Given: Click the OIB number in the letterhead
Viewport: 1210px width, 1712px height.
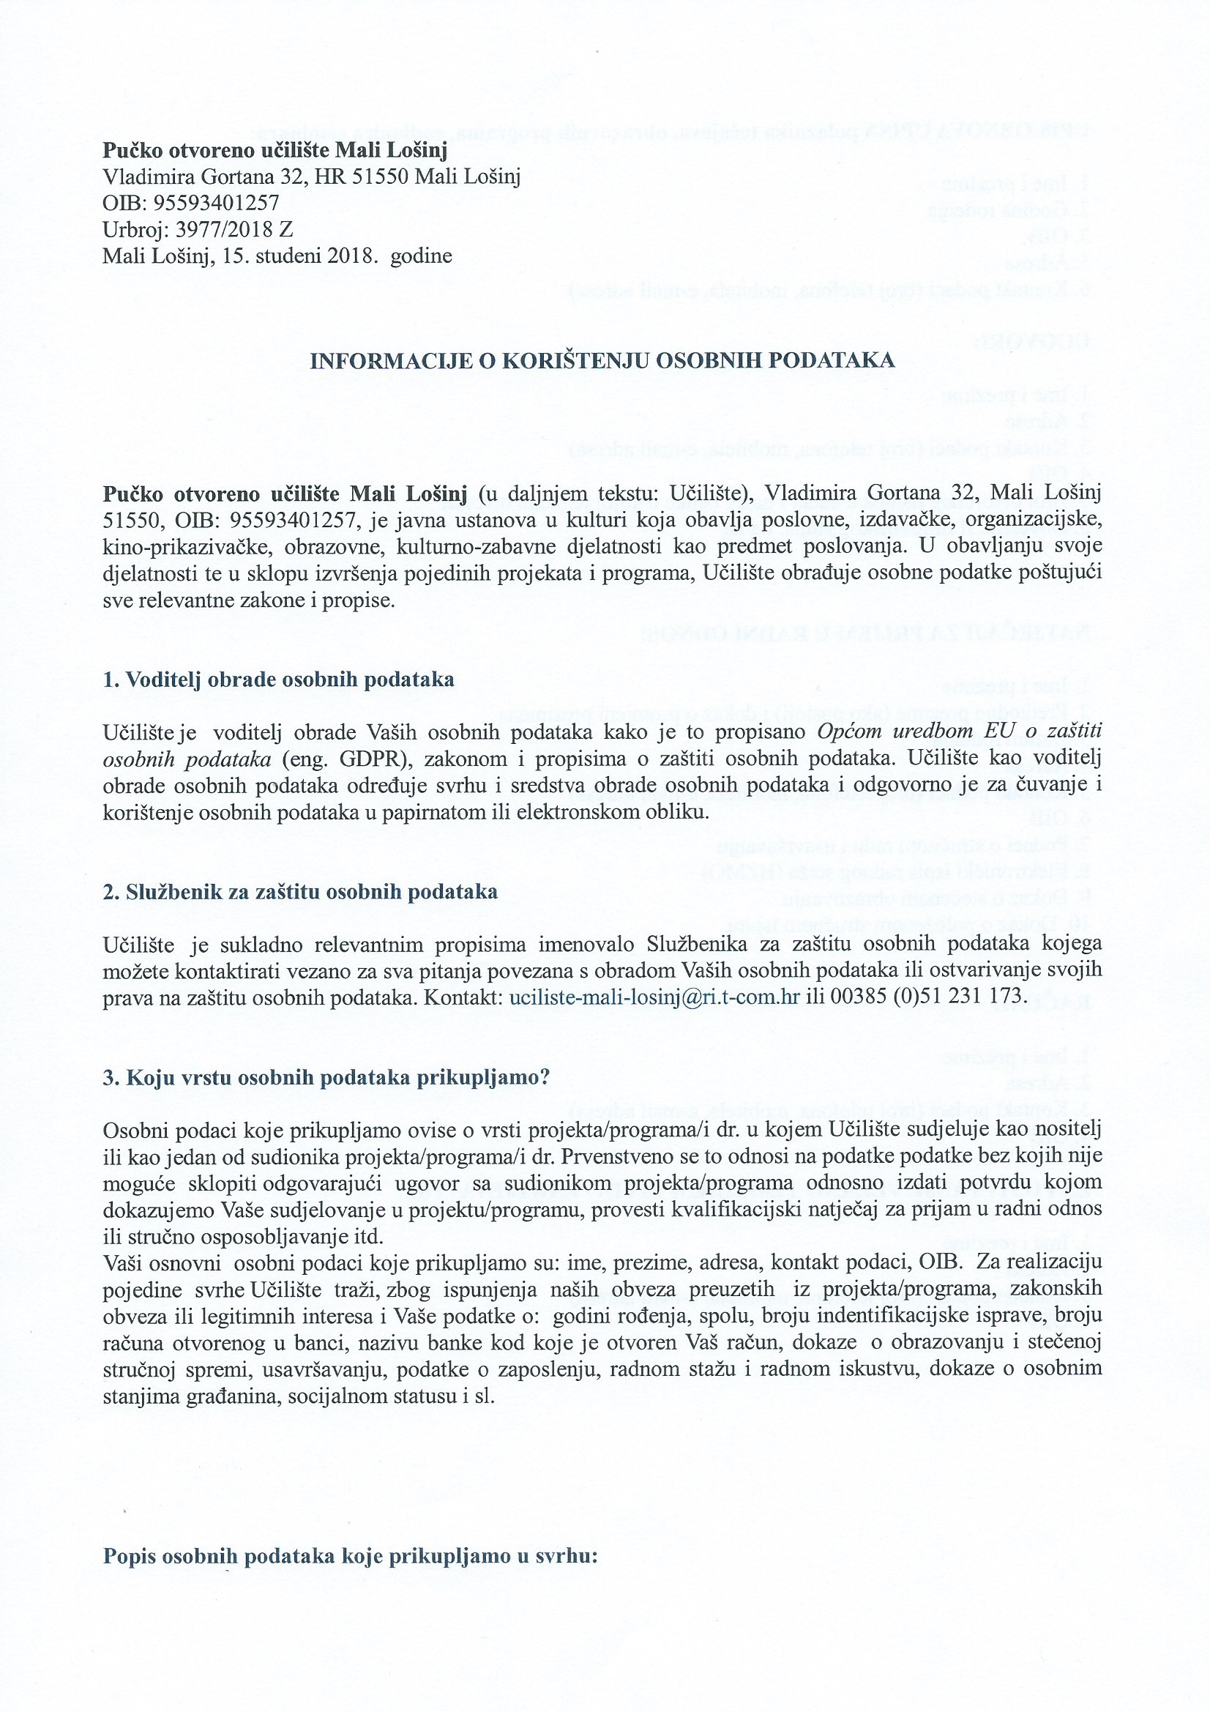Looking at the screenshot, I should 215,203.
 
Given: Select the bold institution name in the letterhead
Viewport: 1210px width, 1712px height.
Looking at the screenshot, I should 275,151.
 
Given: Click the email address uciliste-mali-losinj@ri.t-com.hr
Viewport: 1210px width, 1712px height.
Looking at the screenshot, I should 654,997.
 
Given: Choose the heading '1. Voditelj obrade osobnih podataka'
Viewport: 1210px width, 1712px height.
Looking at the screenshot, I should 278,680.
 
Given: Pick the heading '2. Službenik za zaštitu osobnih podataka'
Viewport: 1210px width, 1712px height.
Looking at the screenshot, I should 299,892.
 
